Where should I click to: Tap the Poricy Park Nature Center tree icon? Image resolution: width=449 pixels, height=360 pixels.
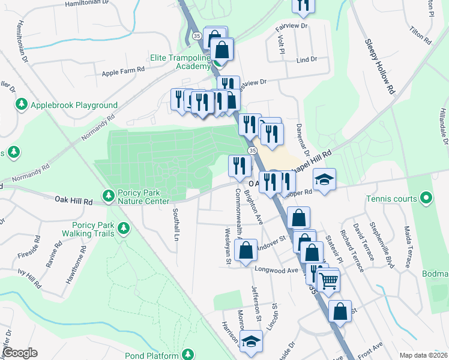click(109, 196)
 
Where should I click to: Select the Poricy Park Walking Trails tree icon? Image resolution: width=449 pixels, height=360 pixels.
click(124, 228)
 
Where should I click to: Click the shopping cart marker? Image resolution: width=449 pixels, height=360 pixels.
click(328, 280)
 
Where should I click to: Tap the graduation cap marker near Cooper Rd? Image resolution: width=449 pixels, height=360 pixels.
click(324, 179)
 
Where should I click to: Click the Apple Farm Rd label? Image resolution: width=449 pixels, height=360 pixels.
click(123, 70)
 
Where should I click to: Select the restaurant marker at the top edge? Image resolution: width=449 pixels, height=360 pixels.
click(304, 5)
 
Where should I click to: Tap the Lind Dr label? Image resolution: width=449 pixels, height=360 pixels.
click(307, 60)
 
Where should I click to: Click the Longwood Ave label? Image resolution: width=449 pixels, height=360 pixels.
click(277, 270)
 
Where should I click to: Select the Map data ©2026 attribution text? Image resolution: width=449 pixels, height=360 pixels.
click(423, 355)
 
